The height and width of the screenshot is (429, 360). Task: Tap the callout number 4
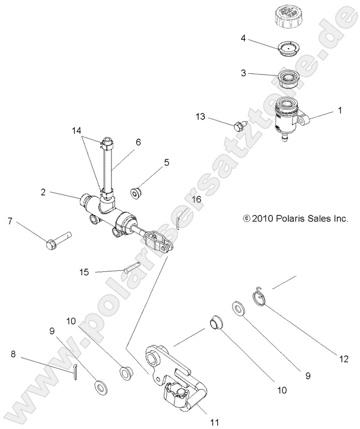[x=243, y=38]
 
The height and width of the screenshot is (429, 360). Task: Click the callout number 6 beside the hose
[x=138, y=142]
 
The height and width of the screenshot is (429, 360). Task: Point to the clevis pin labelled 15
[x=131, y=268]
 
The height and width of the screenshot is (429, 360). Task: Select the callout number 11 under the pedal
[x=215, y=422]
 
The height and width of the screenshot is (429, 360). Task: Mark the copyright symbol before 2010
[x=246, y=218]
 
